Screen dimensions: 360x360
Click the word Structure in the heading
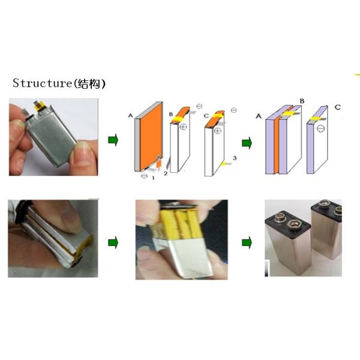click(x=41, y=83)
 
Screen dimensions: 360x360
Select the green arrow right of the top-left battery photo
click(x=112, y=140)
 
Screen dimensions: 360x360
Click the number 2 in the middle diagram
click(x=165, y=173)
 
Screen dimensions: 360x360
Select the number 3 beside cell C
click(x=235, y=158)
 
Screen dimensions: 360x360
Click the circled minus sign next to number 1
click(x=145, y=176)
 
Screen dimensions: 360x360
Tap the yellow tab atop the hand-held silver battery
click(x=43, y=107)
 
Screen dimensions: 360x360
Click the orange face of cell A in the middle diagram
click(x=151, y=135)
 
